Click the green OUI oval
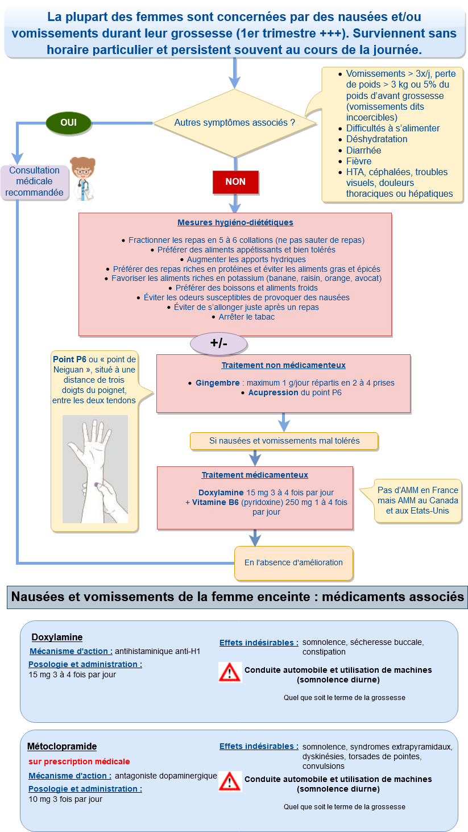coord(68,122)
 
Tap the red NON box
coord(235,182)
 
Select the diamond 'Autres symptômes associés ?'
coord(235,122)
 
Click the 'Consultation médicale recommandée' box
coord(35,181)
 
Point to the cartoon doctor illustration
coord(83,178)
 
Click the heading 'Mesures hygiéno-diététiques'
coord(235,222)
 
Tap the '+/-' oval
coord(219,343)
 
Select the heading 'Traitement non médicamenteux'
coord(283,365)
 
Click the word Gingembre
coord(218,383)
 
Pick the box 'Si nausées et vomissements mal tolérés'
coord(284,441)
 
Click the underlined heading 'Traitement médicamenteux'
coord(255,475)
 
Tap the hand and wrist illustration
coord(95,469)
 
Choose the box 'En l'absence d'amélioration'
coord(293,562)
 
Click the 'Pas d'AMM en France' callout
coord(417,500)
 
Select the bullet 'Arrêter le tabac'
coord(246,317)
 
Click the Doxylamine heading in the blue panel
coord(57,637)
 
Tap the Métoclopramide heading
coord(62,746)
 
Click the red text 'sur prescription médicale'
coord(79,761)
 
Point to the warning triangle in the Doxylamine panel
coord(230,672)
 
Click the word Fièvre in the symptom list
coord(359,161)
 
